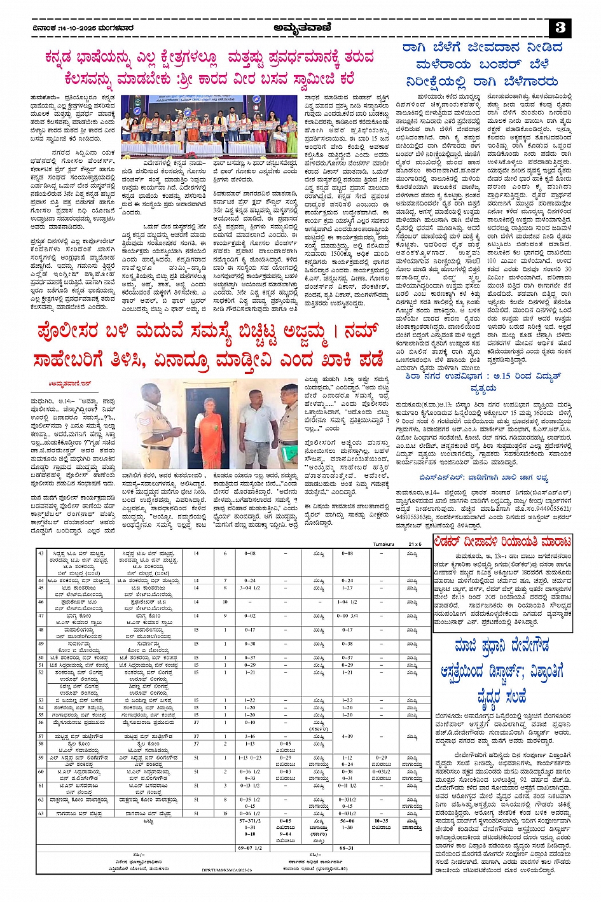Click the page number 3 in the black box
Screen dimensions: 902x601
[560, 28]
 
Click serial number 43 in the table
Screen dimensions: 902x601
[41, 553]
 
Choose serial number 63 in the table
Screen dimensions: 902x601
[41, 813]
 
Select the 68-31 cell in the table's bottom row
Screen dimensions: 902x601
[347, 847]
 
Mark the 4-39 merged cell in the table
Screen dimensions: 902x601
[347, 736]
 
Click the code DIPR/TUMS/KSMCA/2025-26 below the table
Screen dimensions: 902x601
[227, 870]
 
